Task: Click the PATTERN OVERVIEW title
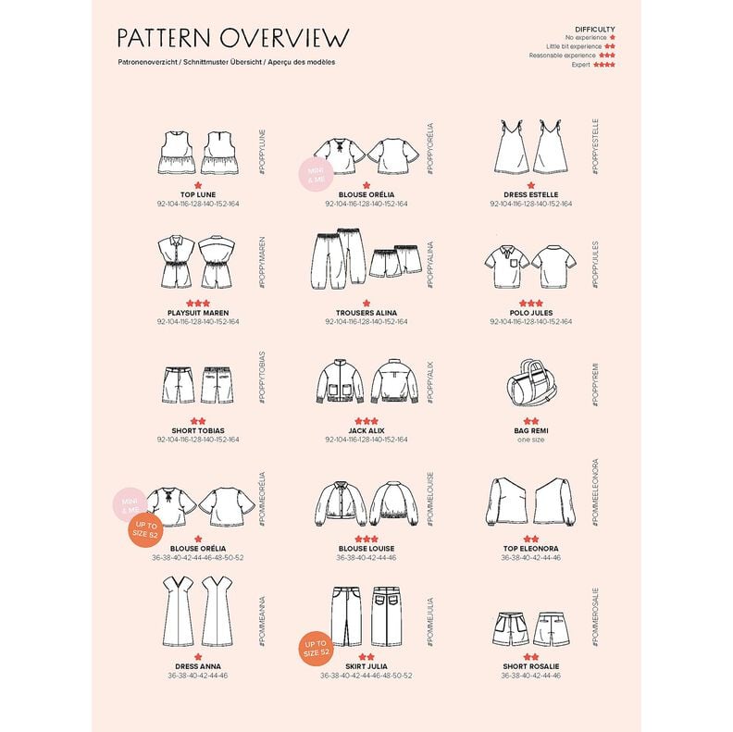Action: pos(233,37)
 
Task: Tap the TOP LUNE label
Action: pos(199,194)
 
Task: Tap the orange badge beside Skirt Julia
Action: pos(316,649)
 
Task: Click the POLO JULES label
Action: pos(530,313)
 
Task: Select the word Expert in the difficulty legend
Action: pos(579,65)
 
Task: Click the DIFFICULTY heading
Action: pos(594,29)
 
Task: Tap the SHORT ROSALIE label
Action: pos(530,666)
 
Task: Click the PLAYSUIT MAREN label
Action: pos(199,313)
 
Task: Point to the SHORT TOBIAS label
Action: pos(199,430)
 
